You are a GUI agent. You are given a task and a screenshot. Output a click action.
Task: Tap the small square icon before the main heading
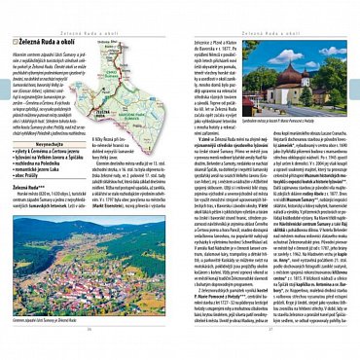pos(16,44)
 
